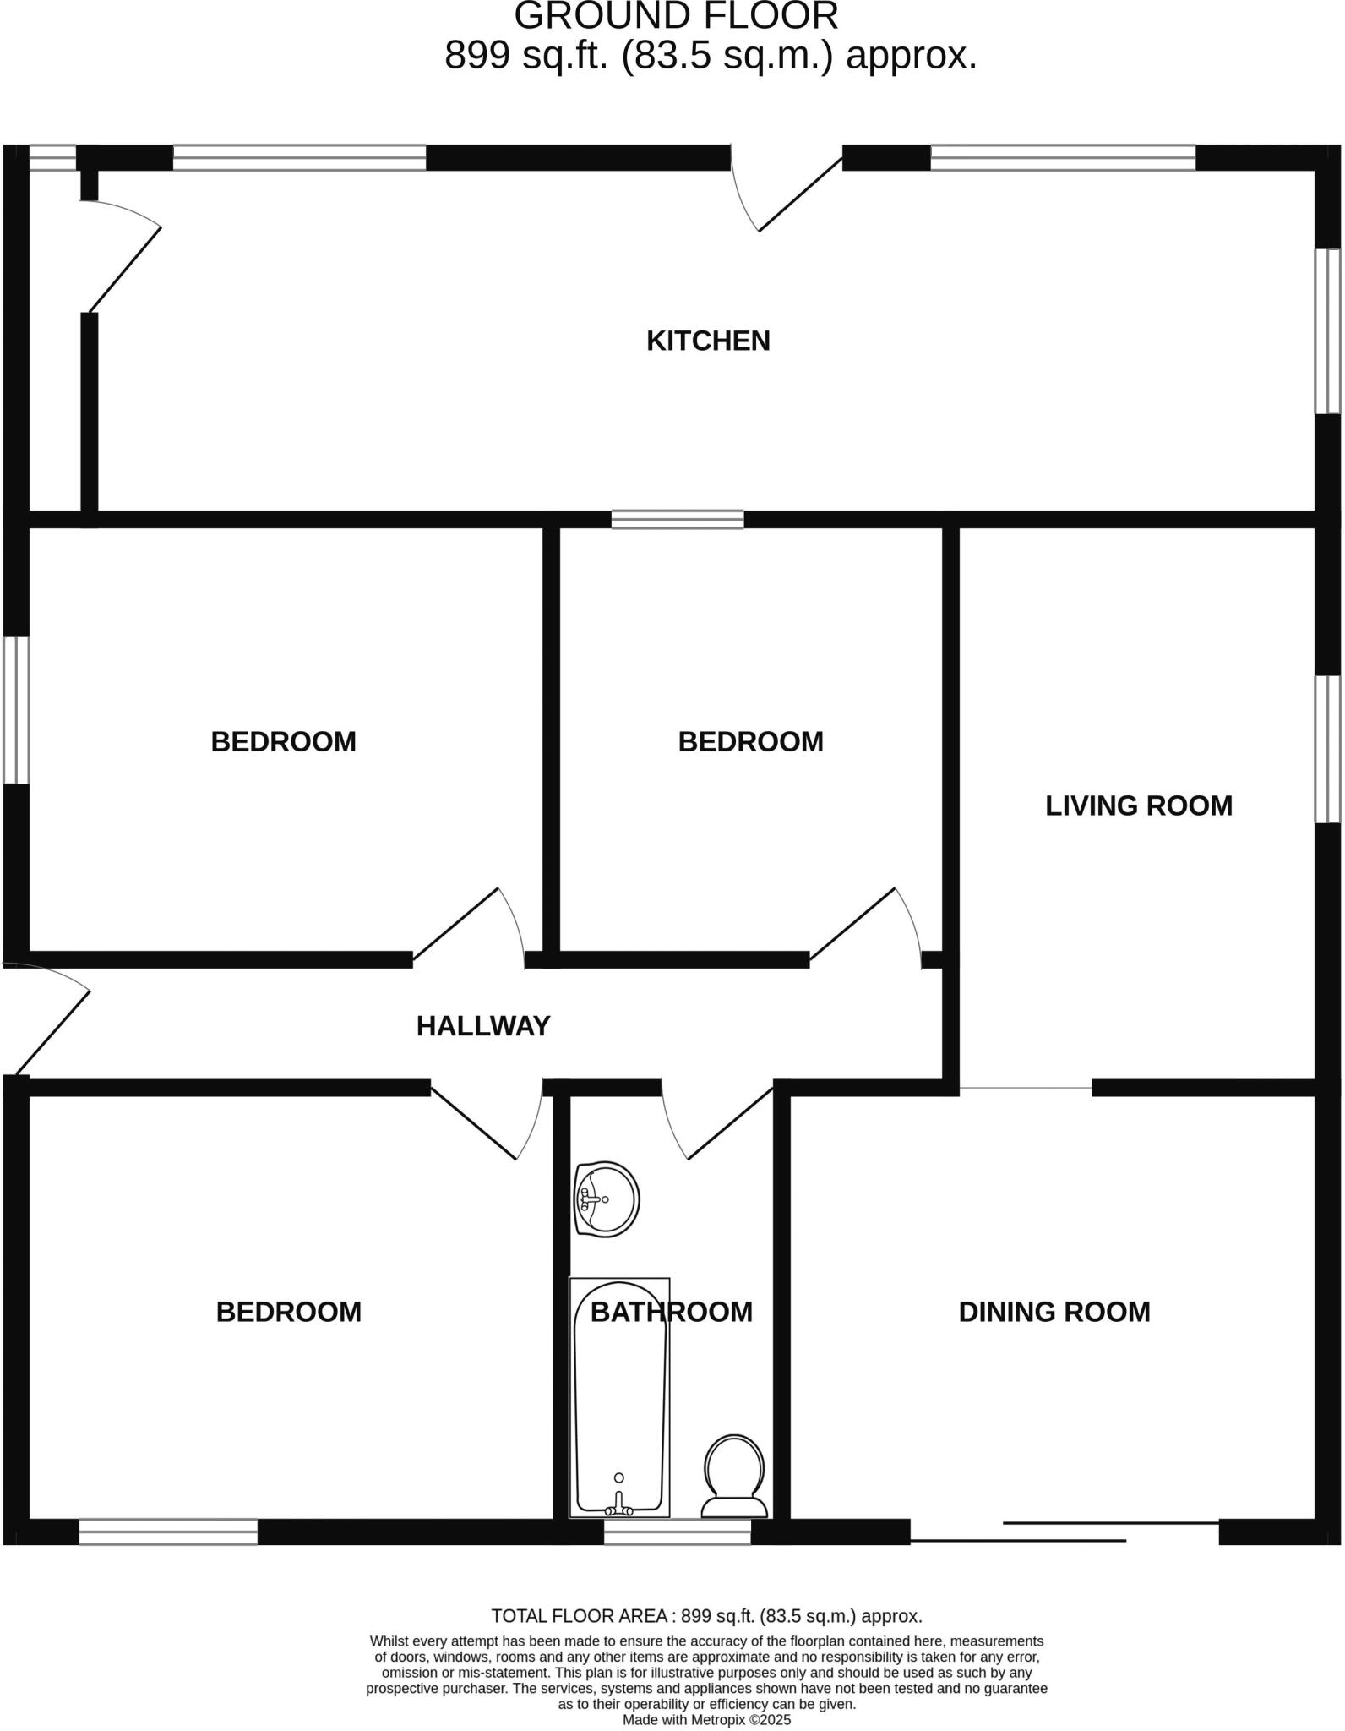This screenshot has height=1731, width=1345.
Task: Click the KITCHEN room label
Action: click(708, 341)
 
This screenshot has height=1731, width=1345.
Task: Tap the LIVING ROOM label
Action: click(1138, 805)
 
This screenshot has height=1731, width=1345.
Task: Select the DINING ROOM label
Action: click(1054, 1312)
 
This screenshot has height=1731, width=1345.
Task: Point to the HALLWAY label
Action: click(483, 1026)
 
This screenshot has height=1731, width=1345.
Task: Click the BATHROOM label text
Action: click(671, 1312)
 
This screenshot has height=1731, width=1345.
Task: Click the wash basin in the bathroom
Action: click(607, 1199)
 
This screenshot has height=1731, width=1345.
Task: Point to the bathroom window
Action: click(678, 1532)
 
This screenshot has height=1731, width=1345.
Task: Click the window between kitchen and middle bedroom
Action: click(678, 519)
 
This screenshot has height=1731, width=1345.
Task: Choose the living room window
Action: click(1327, 749)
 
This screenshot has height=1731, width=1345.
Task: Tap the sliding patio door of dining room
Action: click(1065, 1532)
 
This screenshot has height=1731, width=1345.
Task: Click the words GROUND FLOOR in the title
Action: click(676, 17)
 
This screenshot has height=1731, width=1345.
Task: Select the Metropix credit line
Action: click(706, 1719)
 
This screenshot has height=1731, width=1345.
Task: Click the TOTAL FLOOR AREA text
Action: click(706, 1616)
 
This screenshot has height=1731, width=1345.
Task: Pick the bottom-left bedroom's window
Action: click(168, 1532)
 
